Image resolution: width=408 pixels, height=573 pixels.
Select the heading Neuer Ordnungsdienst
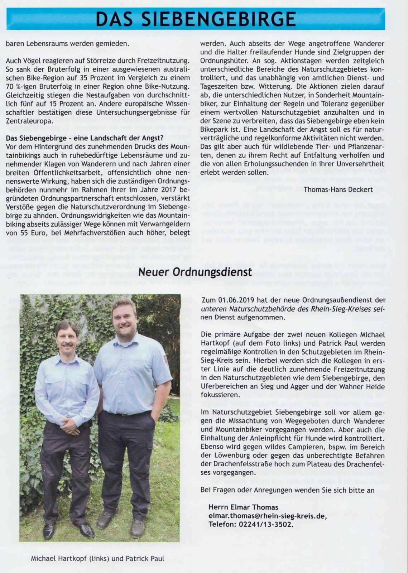pos(195,272)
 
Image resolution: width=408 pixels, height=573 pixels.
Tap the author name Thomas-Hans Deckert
pos(338,189)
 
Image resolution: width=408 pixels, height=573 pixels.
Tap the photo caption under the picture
pos(97,558)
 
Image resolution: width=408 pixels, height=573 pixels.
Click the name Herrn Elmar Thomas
pos(243,507)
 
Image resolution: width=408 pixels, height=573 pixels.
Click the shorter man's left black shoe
pos(49,530)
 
